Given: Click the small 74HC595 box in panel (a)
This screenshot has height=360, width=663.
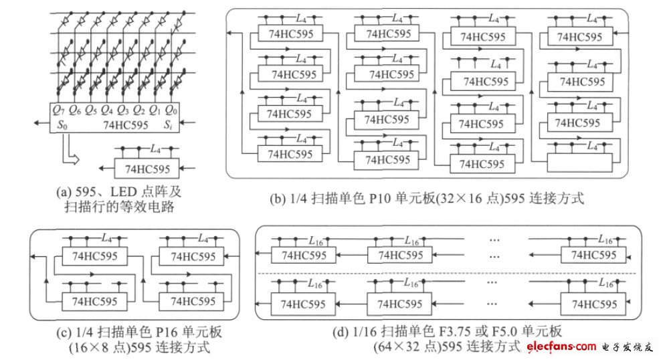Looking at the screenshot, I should click(x=144, y=167).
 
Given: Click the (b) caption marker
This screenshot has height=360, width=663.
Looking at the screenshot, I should click(x=278, y=198).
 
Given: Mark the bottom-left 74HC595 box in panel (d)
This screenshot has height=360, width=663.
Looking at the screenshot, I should click(x=303, y=304).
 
